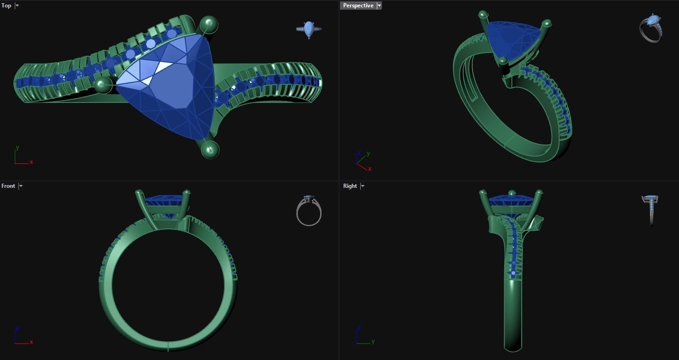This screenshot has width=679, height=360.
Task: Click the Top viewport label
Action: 6,6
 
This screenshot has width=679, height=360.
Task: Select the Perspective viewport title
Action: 358,6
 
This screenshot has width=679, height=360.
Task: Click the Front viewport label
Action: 8,186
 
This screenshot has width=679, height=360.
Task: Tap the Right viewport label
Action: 350,186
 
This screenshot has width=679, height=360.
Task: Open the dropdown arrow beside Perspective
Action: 379,6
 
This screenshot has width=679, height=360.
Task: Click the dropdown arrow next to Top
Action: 17,6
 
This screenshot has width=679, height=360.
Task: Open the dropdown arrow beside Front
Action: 21,186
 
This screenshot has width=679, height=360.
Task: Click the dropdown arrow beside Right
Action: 363,186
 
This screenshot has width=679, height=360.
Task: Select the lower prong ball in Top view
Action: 210,149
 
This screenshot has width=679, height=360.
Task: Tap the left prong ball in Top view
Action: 103,85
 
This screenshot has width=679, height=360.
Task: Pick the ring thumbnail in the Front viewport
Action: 309,211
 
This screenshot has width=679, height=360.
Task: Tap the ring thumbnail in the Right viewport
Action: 650,209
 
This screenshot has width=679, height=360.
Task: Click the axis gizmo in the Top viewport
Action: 22,156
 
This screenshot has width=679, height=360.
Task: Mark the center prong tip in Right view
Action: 512,193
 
